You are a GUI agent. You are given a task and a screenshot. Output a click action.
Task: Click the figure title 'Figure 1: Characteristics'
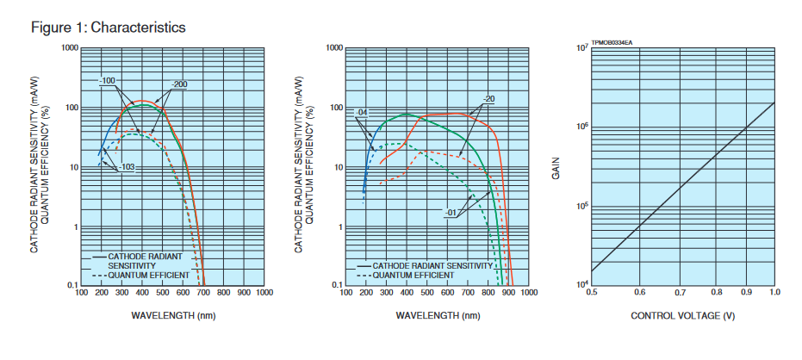108,28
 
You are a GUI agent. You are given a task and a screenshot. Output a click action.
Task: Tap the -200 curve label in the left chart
179,84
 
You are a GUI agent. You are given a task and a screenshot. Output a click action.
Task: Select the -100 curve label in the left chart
108,81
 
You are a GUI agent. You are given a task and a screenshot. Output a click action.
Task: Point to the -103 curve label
126,166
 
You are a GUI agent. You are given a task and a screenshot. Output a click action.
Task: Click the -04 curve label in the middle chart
362,113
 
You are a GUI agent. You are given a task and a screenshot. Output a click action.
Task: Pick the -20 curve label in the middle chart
488,98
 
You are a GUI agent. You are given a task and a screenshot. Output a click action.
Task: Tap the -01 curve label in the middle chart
450,213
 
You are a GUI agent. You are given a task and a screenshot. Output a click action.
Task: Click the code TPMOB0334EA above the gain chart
612,41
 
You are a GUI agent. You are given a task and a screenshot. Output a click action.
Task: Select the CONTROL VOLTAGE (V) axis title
682,315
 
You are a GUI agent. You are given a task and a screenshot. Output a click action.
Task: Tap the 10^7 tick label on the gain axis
582,48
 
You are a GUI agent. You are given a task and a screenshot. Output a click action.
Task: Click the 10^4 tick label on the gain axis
582,285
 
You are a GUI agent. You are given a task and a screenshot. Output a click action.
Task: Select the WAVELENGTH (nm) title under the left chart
173,315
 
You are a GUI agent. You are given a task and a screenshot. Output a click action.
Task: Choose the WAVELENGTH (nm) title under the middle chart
438,315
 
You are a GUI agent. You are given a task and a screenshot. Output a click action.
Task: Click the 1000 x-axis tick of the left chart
264,293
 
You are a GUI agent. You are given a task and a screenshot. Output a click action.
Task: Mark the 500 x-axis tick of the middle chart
427,293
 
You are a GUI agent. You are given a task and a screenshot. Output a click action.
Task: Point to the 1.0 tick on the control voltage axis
774,294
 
